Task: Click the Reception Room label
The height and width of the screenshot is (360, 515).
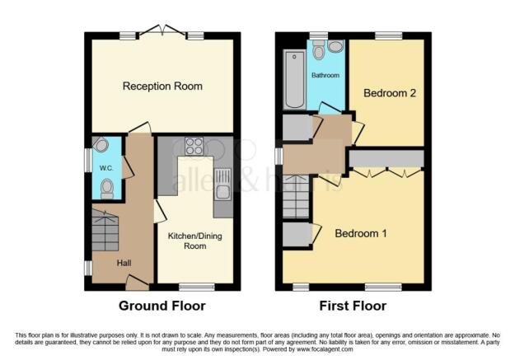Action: coord(162,86)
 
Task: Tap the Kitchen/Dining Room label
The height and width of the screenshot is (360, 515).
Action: coord(194,241)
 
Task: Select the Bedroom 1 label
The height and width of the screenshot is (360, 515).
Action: coord(361,233)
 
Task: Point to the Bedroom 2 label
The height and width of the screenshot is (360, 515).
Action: coord(390,93)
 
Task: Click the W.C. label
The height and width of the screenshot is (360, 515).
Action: coord(106,168)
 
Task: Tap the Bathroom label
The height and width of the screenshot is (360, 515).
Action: coord(325,75)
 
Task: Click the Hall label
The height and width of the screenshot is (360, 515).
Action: coord(124,263)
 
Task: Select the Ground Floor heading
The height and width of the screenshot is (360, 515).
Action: coord(162,306)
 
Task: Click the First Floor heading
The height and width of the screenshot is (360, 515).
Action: coord(353,306)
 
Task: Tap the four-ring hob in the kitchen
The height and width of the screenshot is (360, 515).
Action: coord(194,146)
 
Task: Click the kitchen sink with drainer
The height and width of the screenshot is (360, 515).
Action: coord(223,185)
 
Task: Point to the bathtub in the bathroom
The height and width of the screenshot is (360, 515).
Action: coord(294,79)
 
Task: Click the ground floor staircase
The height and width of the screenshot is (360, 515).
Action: coord(105,231)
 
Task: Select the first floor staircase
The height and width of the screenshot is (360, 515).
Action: coord(296,196)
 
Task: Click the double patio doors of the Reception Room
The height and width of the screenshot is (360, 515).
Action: coord(162,30)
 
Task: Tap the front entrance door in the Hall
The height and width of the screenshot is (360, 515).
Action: coord(138,283)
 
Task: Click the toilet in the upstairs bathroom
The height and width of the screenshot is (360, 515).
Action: coord(318,50)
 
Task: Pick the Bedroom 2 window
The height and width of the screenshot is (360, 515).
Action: coord(389,35)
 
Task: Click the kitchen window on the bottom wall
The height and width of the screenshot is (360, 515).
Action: coord(197,287)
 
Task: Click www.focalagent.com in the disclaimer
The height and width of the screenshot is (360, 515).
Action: coord(325,349)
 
